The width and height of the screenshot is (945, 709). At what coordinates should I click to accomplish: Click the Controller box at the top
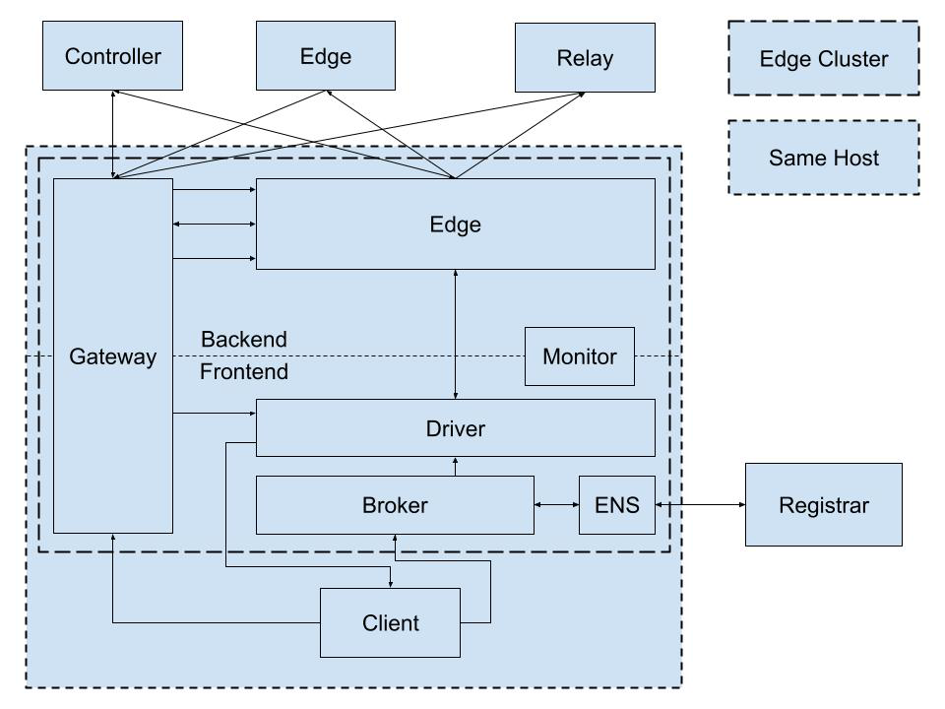tap(113, 56)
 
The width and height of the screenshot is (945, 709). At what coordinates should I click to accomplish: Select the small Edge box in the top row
tap(326, 56)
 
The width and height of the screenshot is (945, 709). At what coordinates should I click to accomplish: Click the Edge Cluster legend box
tap(824, 59)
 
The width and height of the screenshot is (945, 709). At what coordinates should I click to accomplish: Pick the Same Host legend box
tap(824, 158)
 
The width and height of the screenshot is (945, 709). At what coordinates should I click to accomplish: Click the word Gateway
tap(112, 357)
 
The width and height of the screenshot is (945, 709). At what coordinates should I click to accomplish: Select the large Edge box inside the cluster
tap(455, 224)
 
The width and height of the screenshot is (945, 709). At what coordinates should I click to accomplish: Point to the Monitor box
tap(579, 356)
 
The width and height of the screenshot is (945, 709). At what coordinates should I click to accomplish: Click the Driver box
tap(455, 427)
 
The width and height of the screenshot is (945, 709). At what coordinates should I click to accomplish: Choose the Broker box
tap(395, 505)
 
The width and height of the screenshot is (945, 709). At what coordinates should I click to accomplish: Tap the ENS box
tap(617, 505)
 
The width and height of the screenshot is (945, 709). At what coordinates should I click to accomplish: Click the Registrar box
tap(823, 505)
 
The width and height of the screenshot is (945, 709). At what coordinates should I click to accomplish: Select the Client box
tap(390, 622)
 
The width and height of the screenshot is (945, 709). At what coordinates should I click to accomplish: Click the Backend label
tap(244, 340)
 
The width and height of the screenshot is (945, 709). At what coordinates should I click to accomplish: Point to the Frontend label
tap(244, 372)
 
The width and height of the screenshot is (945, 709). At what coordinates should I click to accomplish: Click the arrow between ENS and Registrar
tap(700, 505)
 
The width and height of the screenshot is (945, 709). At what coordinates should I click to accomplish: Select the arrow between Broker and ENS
tap(556, 505)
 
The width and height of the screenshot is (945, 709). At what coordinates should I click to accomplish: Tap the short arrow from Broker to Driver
tap(456, 466)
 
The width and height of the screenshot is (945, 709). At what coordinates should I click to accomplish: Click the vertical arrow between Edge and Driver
tap(456, 334)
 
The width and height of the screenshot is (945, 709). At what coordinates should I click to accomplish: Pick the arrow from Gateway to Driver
tap(214, 414)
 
